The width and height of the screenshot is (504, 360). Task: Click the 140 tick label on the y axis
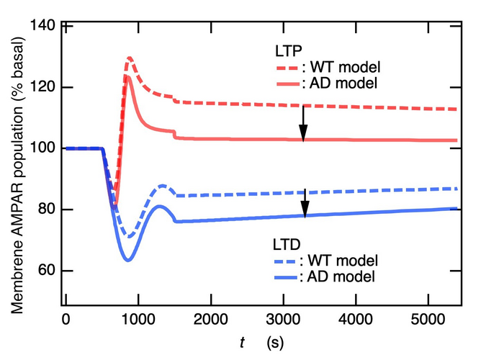[x=45, y=27]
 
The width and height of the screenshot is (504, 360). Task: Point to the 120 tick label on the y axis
[x=45, y=87]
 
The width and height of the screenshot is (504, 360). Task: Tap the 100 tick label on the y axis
[x=45, y=148]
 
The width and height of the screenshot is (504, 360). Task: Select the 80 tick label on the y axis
[x=48, y=210]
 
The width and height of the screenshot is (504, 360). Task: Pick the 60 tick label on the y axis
[x=48, y=271]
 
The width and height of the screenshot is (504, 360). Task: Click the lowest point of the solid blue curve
[x=128, y=260]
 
